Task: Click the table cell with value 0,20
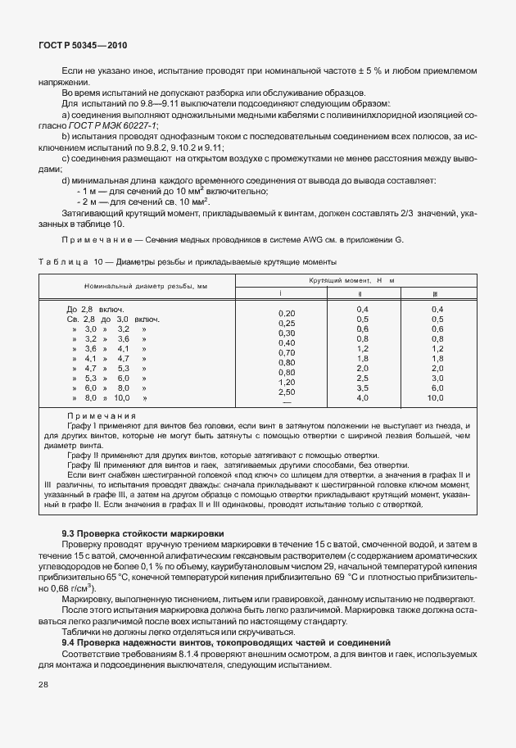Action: (287, 313)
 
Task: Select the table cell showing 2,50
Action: (287, 392)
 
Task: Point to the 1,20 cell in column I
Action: (287, 382)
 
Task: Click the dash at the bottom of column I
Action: (287, 401)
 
